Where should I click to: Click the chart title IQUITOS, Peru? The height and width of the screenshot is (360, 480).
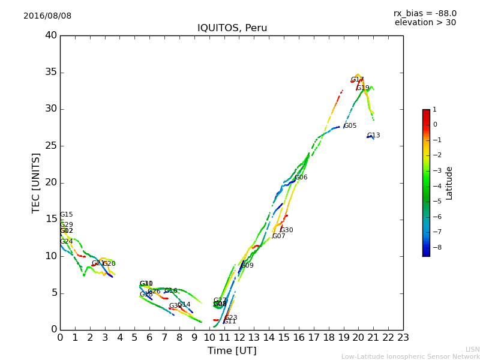(x=232, y=28)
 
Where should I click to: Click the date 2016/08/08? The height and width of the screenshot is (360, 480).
(x=47, y=16)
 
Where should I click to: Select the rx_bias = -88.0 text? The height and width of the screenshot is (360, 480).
(x=425, y=13)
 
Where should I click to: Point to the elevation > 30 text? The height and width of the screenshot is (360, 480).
(x=425, y=23)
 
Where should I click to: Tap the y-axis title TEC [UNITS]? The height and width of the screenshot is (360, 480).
(x=36, y=183)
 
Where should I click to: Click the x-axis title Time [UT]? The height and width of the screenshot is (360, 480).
(x=232, y=350)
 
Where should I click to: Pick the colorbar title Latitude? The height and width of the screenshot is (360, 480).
(x=449, y=183)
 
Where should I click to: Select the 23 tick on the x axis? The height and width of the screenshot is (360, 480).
(x=403, y=337)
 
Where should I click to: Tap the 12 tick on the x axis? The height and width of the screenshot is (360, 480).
(x=239, y=337)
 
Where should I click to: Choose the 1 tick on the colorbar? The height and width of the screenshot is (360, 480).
(x=435, y=110)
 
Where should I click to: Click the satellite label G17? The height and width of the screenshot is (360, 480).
(x=357, y=80)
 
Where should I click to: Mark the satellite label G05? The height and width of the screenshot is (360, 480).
(x=350, y=126)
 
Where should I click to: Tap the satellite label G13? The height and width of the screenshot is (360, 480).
(x=373, y=136)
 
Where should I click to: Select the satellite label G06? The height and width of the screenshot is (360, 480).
(x=301, y=178)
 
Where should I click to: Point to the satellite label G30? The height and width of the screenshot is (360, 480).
(x=286, y=230)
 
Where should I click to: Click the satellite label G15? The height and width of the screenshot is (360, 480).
(x=66, y=215)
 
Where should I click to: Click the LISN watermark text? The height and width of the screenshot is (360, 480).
(x=472, y=349)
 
